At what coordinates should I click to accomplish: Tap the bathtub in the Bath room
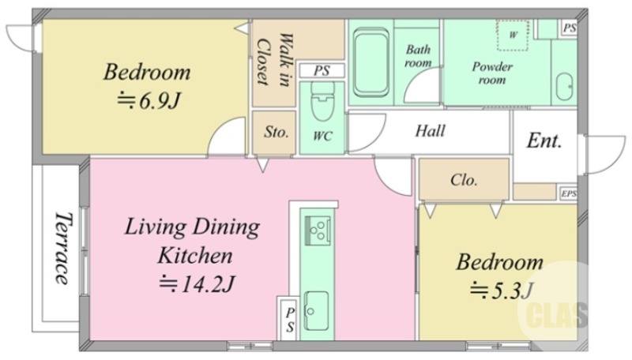point(371,62)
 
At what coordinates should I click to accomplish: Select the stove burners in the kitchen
point(318,231)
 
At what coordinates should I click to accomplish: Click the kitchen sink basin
point(316,310)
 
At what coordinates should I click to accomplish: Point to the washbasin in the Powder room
point(564,87)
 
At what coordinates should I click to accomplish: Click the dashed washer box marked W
point(512,36)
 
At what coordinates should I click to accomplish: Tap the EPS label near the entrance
point(568,193)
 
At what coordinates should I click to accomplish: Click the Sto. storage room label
point(276,132)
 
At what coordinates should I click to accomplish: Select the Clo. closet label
point(464,179)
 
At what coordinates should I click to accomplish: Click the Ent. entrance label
point(544,141)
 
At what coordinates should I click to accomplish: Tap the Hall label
point(430,131)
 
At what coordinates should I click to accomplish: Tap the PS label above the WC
point(322,70)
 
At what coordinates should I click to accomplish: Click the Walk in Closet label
point(274,59)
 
